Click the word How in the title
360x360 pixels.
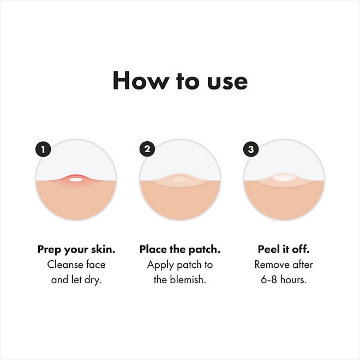click(x=141, y=80)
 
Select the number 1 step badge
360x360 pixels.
click(x=43, y=149)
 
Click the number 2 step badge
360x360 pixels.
click(x=147, y=149)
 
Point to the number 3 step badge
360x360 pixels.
click(x=251, y=149)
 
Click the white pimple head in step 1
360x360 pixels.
click(x=76, y=179)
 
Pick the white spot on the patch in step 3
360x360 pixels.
click(x=284, y=178)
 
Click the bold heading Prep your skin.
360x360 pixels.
click(x=76, y=250)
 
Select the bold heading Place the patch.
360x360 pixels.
click(x=180, y=250)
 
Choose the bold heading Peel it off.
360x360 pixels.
click(x=284, y=249)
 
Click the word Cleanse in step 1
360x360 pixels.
click(x=65, y=265)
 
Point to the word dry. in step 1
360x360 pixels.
click(x=93, y=280)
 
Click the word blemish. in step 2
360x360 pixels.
click(x=188, y=280)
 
